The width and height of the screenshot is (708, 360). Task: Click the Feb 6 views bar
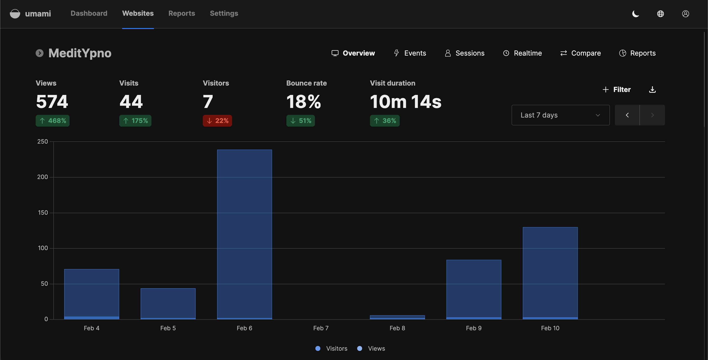tap(244, 234)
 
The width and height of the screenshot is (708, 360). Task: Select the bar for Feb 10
tap(550, 272)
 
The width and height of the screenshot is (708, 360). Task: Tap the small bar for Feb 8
tap(397, 317)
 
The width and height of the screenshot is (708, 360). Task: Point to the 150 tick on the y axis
tap(43, 213)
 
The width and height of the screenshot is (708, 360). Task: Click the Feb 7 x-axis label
tap(321, 328)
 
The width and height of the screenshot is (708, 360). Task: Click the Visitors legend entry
tap(331, 348)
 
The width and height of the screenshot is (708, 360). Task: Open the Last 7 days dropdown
tap(560, 115)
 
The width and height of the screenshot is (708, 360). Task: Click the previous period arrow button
tap(627, 115)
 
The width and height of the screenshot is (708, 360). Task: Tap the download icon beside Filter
tap(652, 90)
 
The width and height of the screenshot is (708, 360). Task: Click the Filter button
tap(617, 90)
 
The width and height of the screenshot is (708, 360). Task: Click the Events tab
tap(410, 53)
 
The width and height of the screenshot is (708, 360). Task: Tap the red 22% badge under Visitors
tap(217, 121)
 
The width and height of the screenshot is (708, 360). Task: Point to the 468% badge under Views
tap(53, 121)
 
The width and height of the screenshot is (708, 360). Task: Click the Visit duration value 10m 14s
tap(405, 102)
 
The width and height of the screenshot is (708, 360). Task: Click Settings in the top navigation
tap(224, 13)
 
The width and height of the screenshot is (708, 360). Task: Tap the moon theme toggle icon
tap(635, 14)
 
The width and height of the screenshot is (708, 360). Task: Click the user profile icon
tap(685, 14)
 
